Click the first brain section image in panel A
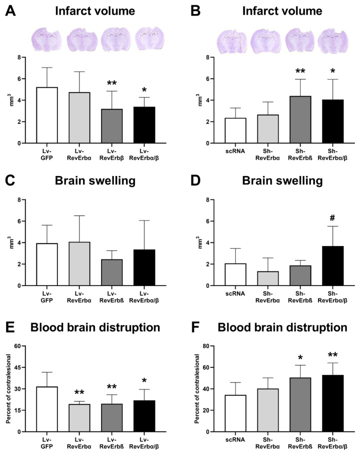pos(46,38)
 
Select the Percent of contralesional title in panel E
pos(9,389)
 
